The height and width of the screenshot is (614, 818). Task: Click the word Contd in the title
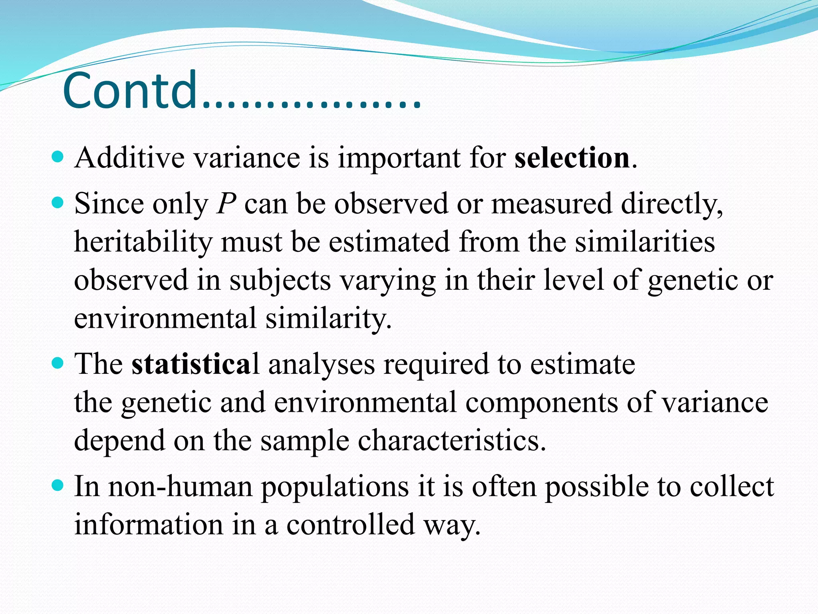pyautogui.click(x=130, y=91)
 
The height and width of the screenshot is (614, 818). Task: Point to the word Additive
pyautogui.click(x=129, y=158)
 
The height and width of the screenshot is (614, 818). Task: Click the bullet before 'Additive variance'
pyautogui.click(x=58, y=157)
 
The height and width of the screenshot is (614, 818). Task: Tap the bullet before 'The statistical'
pyautogui.click(x=58, y=363)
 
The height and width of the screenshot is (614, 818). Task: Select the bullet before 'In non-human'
pyautogui.click(x=58, y=485)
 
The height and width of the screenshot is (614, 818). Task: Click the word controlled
pyautogui.click(x=350, y=525)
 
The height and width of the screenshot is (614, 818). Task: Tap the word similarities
pyautogui.click(x=645, y=242)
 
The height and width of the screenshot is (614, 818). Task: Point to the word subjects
pyautogui.click(x=280, y=281)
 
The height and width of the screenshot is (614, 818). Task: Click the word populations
pyautogui.click(x=335, y=488)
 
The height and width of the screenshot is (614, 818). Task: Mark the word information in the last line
pyautogui.click(x=149, y=525)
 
